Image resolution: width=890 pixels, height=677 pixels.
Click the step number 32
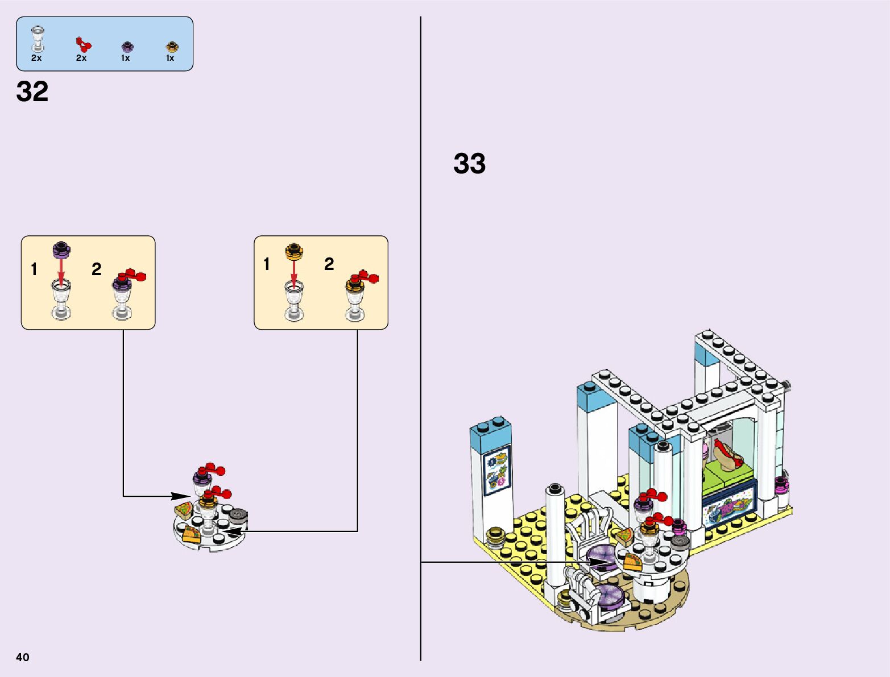coord(32,92)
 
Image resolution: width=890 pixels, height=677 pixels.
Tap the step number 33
coord(469,164)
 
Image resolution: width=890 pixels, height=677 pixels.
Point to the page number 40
coord(23,657)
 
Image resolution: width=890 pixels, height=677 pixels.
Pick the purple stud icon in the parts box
coord(126,46)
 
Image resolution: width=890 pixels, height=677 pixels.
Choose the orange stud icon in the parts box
coord(171,46)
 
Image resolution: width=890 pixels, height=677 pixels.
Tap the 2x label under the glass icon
coord(36,58)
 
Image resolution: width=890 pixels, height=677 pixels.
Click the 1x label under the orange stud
coord(170,58)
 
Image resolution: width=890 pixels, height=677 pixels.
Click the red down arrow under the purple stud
coord(61,268)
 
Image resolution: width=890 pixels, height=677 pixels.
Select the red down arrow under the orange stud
coord(293,268)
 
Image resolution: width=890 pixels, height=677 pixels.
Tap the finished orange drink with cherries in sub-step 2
coord(357,296)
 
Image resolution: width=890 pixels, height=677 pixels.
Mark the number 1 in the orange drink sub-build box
coord(267,264)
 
